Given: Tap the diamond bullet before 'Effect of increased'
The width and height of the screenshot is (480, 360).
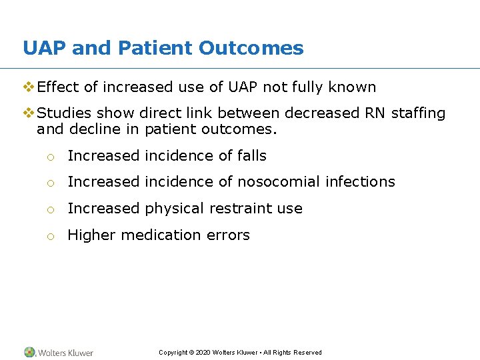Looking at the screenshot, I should pos(29,87).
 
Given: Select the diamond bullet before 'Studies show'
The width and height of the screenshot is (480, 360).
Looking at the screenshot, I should pos(29,113).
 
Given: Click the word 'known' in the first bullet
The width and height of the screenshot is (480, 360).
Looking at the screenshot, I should pos(354,87).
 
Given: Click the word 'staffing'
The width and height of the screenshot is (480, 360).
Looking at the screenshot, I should pos(419,114).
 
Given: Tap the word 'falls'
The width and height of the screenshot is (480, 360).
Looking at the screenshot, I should pos(251,156).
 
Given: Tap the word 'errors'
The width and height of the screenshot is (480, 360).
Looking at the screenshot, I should pos(229,235).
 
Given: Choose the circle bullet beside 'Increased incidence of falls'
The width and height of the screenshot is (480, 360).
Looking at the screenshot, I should pos(50,157).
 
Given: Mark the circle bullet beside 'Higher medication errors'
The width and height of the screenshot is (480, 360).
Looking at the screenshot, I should pos(50,236).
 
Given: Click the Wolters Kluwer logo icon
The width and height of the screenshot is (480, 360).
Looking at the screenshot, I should pos(29,352).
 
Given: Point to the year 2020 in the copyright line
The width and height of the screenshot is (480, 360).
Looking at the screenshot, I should pos(203,353).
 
